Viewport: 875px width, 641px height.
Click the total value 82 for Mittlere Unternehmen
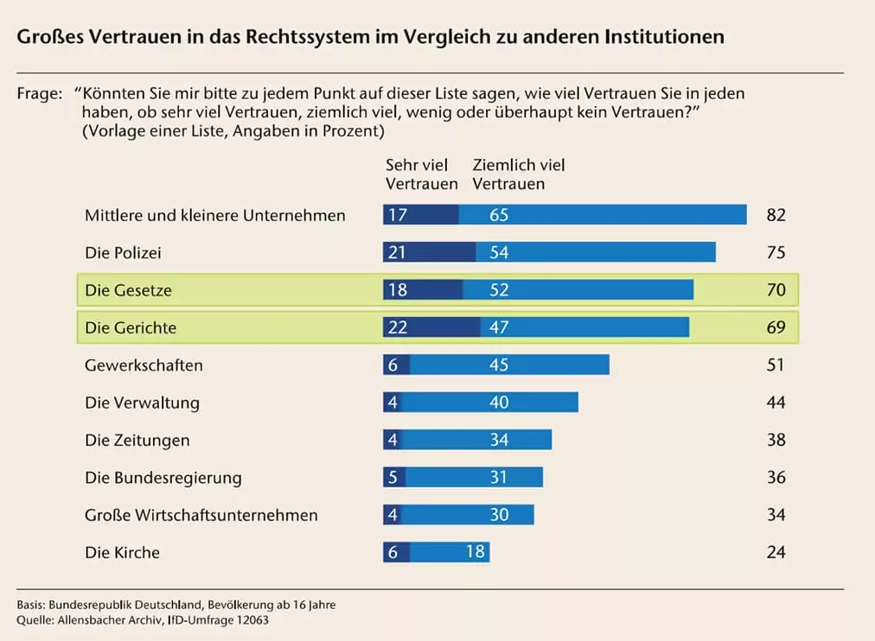pos(776,215)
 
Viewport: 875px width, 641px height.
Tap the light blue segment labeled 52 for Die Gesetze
pos(578,290)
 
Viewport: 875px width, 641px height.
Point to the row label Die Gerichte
pos(131,327)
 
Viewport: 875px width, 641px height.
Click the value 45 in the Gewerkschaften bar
pos(499,365)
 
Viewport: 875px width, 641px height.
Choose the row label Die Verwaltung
pos(142,403)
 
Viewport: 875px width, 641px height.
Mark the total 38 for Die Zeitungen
pos(776,440)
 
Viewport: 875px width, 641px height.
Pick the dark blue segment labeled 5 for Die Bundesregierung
pos(393,477)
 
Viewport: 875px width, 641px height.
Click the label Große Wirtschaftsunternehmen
pos(201,515)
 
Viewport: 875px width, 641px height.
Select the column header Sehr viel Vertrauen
pos(421,174)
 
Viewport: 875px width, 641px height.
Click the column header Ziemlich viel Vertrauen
pos(518,174)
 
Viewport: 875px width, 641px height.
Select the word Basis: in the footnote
pos(32,605)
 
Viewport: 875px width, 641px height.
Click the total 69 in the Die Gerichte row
pos(776,327)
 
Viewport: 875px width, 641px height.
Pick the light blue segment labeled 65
pos(602,215)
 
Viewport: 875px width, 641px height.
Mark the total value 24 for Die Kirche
pos(776,552)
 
